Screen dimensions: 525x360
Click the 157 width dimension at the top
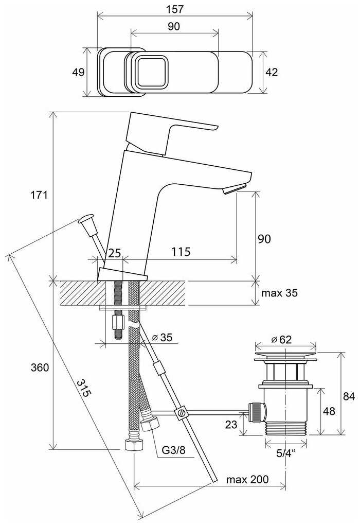coord(175,9)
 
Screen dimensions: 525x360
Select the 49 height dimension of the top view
coord(78,72)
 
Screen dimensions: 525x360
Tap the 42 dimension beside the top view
coord(271,72)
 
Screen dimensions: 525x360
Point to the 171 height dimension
coord(40,195)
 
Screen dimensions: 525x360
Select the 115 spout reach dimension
coord(181,252)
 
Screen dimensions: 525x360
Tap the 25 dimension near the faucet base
coord(114,253)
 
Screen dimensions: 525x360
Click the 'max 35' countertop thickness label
coord(280,293)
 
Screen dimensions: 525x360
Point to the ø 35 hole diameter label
coord(163,338)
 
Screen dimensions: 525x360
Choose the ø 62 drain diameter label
coord(281,339)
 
